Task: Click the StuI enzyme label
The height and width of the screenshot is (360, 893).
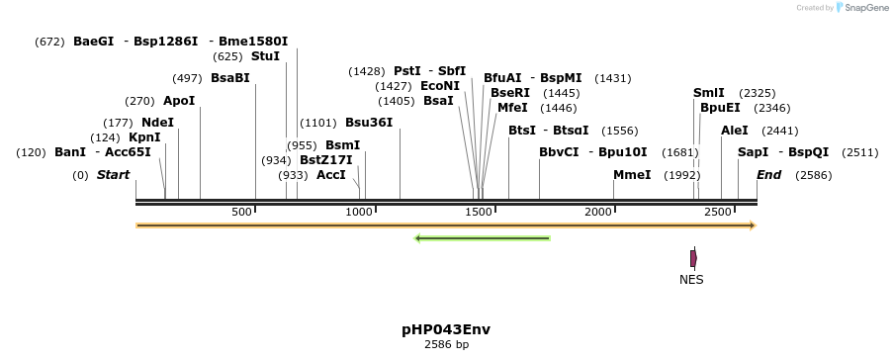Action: [x=265, y=56]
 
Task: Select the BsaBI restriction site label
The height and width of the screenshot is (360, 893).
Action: [x=230, y=78]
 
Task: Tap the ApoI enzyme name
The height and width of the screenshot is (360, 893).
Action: [x=179, y=101]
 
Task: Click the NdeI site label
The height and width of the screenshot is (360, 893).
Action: [x=157, y=123]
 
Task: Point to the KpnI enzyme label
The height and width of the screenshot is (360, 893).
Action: [x=144, y=137]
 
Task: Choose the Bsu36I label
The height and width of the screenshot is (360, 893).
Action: [x=369, y=123]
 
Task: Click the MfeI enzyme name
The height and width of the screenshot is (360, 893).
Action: [x=512, y=108]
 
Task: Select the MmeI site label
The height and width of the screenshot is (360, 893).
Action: [x=632, y=175]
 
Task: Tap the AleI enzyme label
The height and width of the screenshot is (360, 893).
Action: [x=735, y=131]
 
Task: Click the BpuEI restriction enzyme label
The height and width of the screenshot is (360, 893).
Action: [x=720, y=108]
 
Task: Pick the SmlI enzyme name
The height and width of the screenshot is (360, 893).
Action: [x=709, y=93]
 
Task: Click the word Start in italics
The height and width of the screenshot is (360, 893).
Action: [x=113, y=175]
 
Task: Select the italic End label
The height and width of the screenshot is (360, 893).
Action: [x=769, y=175]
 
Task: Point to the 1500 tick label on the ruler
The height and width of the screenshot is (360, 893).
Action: [x=480, y=213]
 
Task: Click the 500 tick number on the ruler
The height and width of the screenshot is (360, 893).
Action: [x=242, y=213]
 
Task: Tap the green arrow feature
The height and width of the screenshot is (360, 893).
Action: [x=482, y=238]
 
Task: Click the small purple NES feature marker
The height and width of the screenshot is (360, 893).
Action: [x=693, y=258]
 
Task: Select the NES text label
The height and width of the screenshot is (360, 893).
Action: [x=691, y=280]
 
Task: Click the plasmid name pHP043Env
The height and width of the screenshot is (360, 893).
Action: [x=446, y=329]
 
